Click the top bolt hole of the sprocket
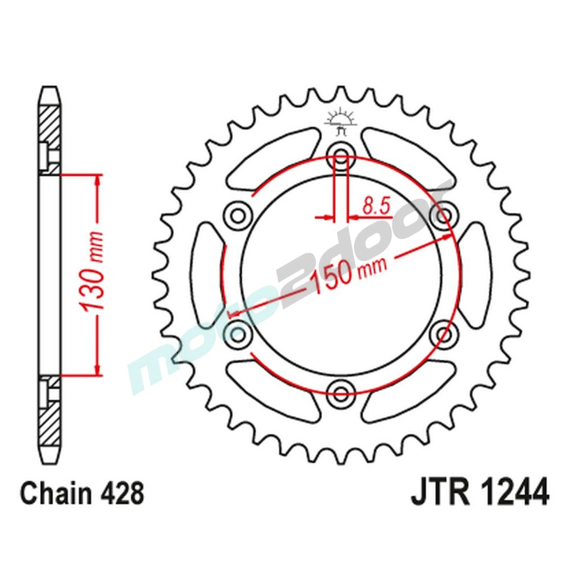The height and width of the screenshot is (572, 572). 341,155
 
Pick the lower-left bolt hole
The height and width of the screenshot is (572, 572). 239,332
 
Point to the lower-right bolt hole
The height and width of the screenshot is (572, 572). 444,332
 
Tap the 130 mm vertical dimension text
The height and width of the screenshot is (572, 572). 93,274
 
